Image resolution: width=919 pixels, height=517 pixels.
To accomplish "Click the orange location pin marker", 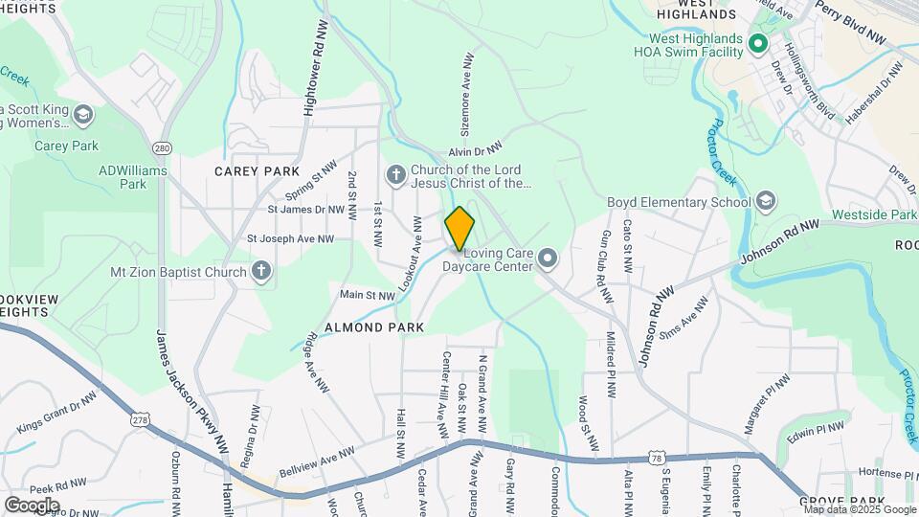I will click(459, 229).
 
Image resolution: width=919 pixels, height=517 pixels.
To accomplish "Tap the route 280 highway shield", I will click(162, 148).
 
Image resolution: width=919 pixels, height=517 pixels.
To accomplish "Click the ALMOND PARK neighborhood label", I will click(374, 327).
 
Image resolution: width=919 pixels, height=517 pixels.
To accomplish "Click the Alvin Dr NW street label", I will click(476, 150).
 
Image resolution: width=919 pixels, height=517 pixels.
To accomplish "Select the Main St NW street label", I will click(367, 296).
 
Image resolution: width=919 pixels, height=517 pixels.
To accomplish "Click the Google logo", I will click(31, 505).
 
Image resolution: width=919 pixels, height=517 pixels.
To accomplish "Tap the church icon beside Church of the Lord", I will click(394, 175).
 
